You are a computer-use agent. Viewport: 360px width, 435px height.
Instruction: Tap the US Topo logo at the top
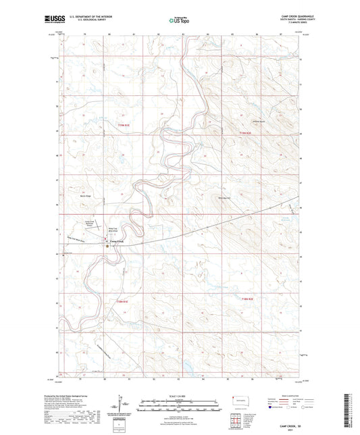coord(179,20)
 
